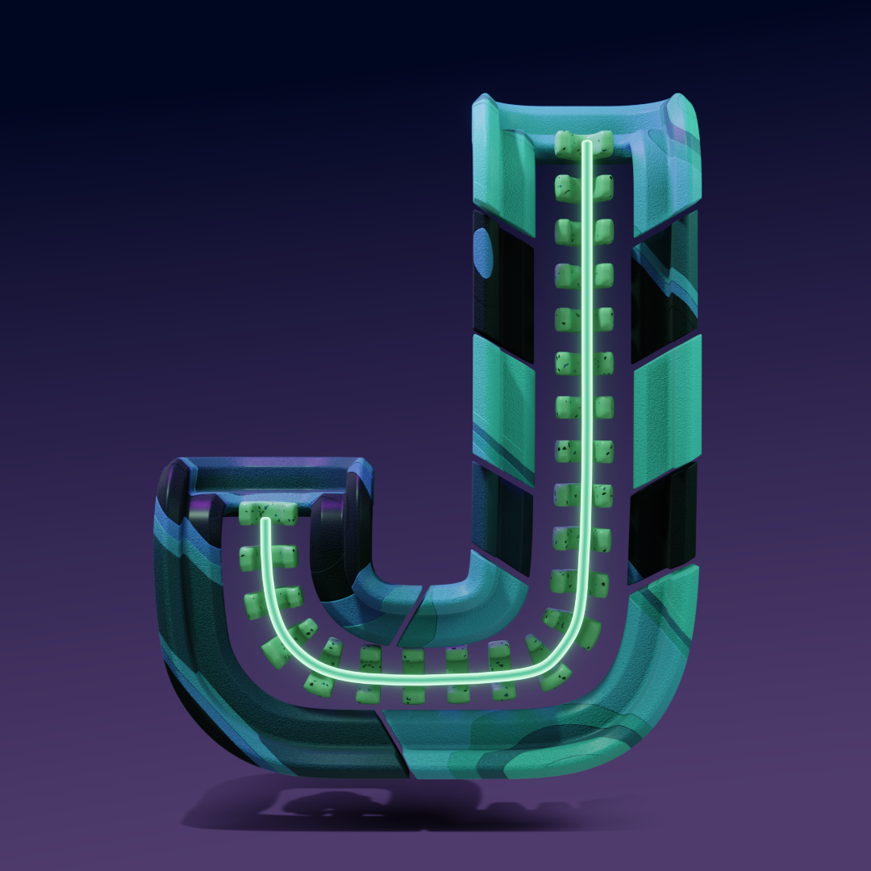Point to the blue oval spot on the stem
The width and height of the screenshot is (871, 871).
[x=483, y=252]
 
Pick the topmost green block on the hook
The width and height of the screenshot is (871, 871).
[x=269, y=513]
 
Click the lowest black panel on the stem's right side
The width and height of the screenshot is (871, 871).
[x=662, y=522]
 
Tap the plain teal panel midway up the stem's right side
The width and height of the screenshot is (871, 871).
[x=667, y=411]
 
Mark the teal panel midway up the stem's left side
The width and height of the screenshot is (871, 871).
[x=503, y=408]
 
